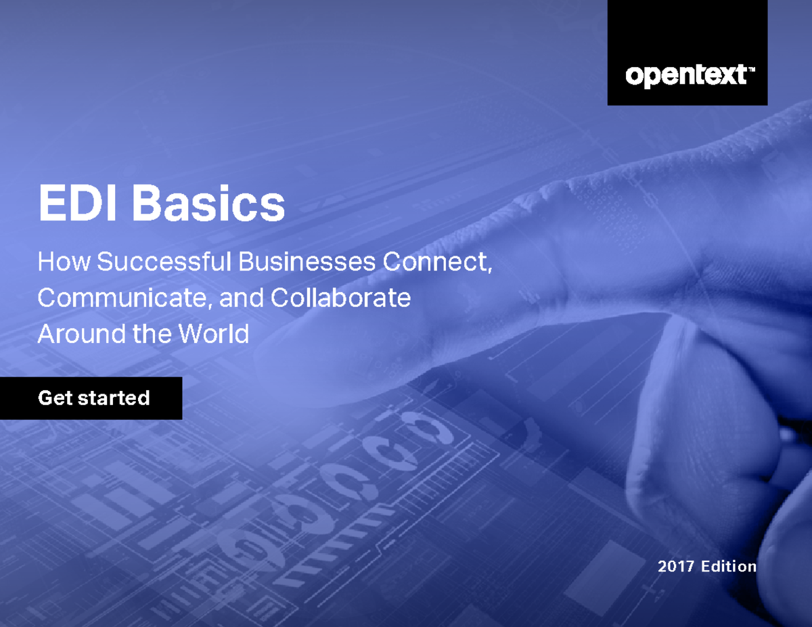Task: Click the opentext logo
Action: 686,75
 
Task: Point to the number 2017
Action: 676,566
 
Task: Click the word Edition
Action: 728,566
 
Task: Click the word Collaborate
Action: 340,298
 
